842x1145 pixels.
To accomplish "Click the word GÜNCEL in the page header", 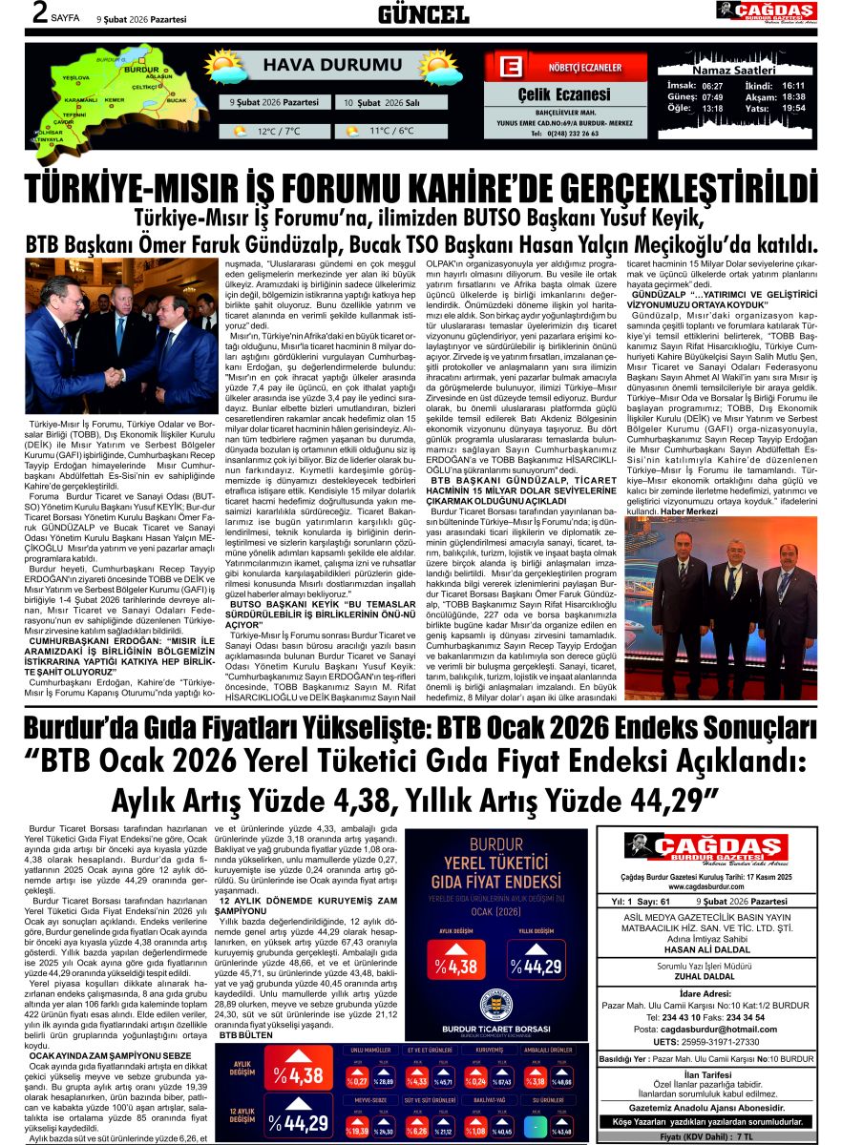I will point(423,14).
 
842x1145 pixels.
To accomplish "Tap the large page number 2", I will point(13,12).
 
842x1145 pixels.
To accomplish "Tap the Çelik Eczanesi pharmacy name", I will point(563,94).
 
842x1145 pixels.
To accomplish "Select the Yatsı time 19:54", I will point(793,109).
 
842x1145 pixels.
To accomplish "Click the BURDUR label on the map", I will point(141,71).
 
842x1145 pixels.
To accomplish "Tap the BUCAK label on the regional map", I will point(176,99).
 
